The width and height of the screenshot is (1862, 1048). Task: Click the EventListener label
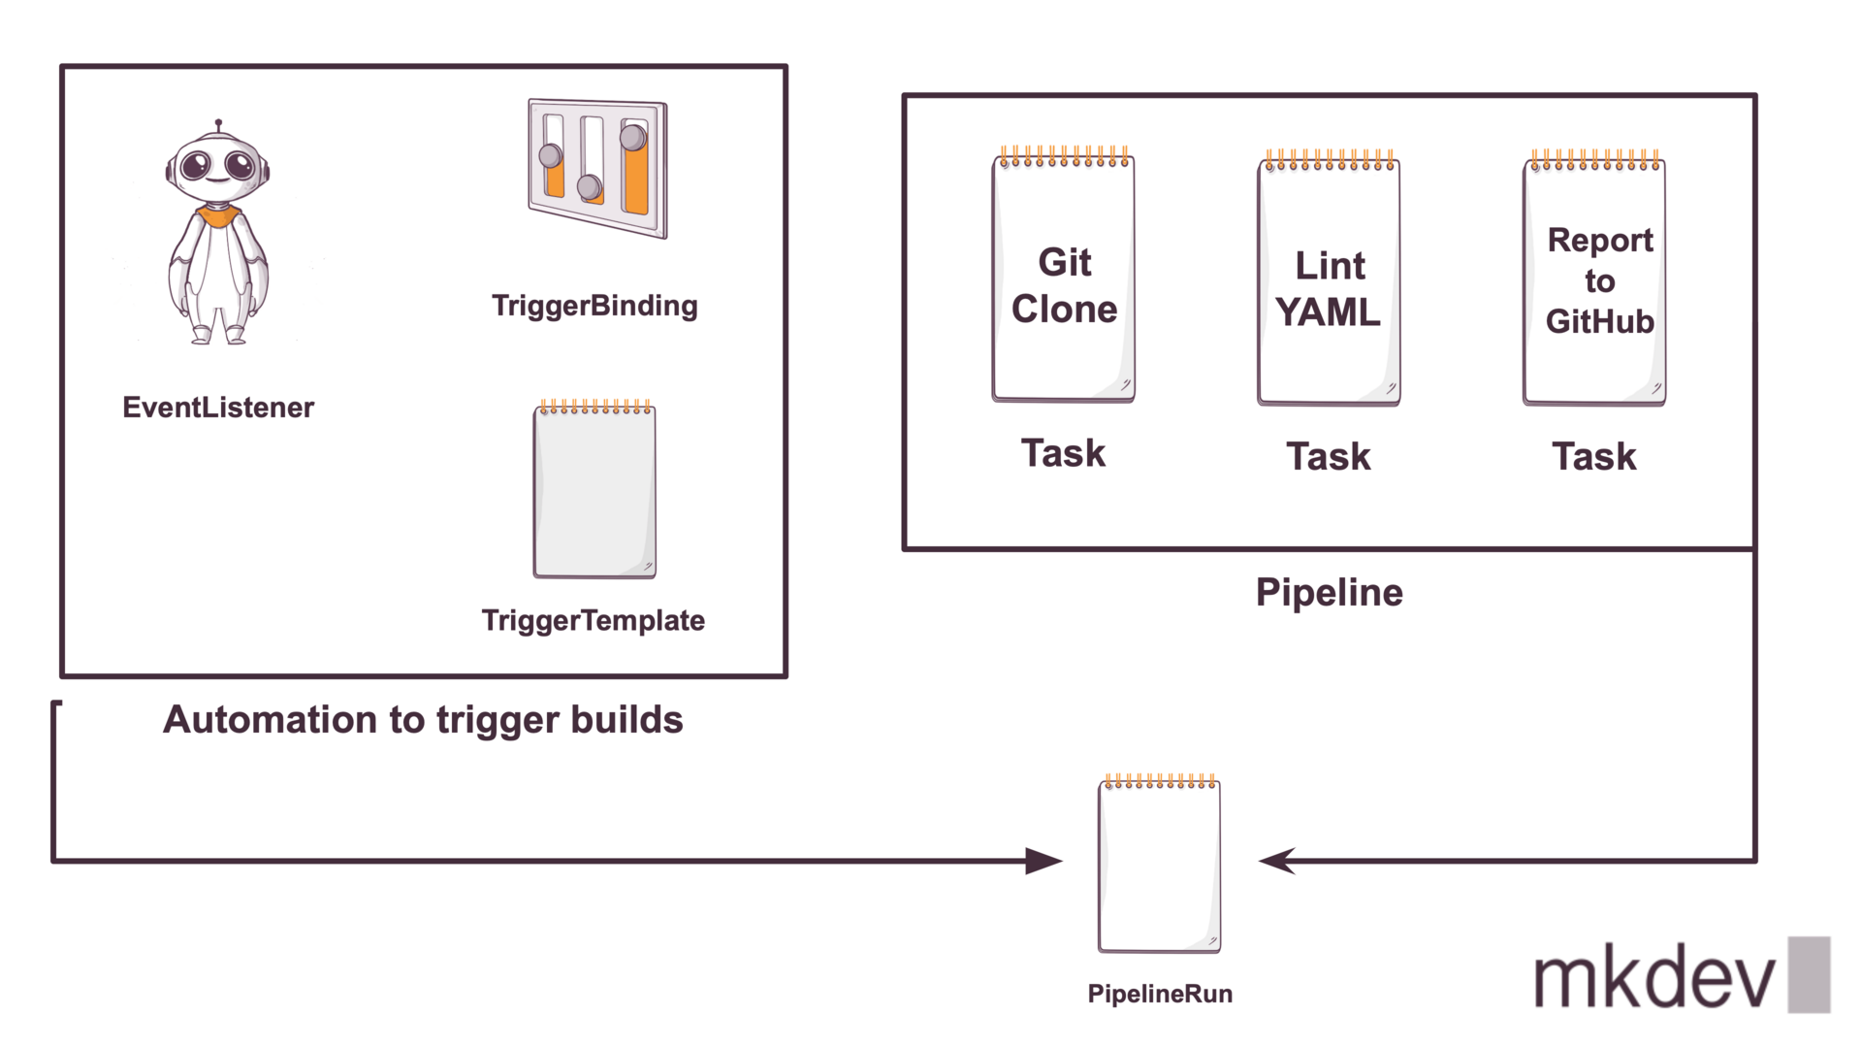pos(218,407)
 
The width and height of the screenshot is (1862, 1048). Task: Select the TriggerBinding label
pos(594,306)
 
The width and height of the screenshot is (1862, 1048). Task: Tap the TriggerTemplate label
pos(593,620)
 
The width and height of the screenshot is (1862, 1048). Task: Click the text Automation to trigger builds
pos(423,719)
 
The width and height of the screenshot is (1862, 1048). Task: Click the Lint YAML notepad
pos(1329,281)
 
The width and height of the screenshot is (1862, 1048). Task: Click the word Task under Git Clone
pos(1063,453)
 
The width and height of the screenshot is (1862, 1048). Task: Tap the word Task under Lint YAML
pos(1329,456)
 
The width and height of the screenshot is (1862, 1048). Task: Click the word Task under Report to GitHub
pos(1594,456)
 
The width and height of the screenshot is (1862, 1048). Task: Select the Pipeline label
pos(1329,592)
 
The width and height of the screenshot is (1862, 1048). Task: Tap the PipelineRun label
pos(1160,994)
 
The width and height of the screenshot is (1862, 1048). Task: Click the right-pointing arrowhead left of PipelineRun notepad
pos(1043,861)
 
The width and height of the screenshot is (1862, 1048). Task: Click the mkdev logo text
pos(1654,978)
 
